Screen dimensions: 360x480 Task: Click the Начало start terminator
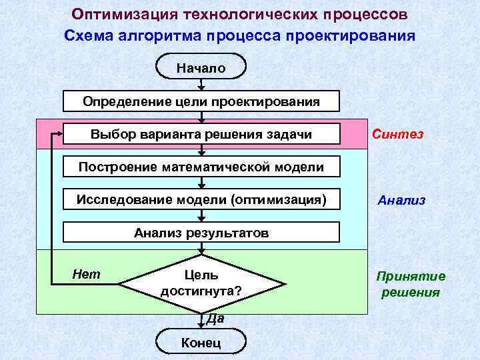pyautogui.click(x=201, y=67)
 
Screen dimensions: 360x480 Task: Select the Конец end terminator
pyautogui.click(x=201, y=343)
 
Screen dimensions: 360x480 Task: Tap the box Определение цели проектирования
pyautogui.click(x=201, y=101)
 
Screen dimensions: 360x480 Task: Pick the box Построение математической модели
pyautogui.click(x=201, y=167)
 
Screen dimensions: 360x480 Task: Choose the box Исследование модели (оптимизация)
pyautogui.click(x=201, y=199)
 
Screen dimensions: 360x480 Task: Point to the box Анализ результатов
pyautogui.click(x=201, y=233)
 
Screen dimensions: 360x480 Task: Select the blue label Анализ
pyautogui.click(x=401, y=200)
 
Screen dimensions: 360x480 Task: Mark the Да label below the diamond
pyautogui.click(x=215, y=319)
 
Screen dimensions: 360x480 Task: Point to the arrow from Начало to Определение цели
pyautogui.click(x=201, y=85)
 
